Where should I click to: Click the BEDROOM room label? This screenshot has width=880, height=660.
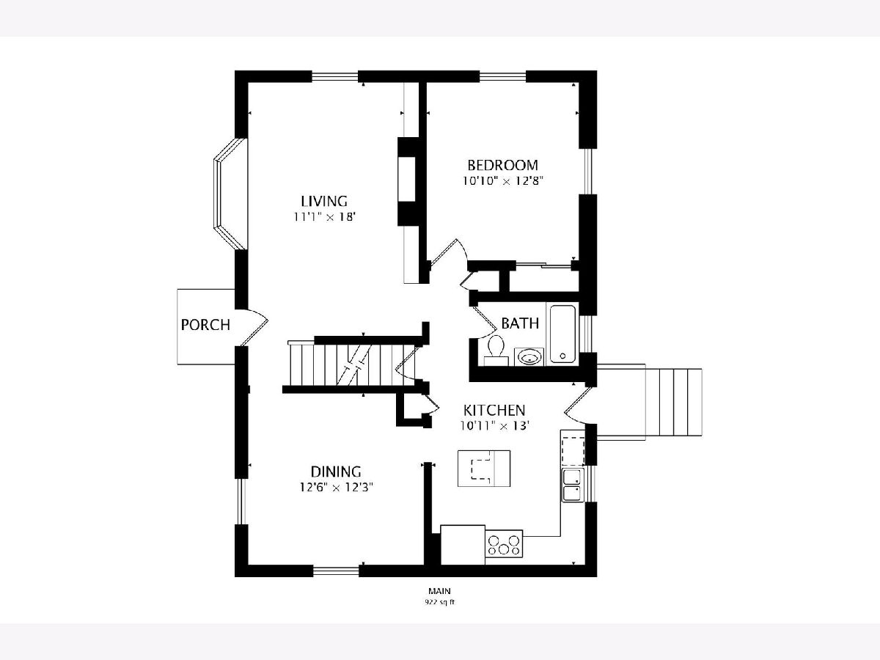pyautogui.click(x=503, y=165)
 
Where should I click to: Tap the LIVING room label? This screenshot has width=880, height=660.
pyautogui.click(x=324, y=201)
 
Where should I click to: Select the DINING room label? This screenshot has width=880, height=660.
pyautogui.click(x=336, y=472)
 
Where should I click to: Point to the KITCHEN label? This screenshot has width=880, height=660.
pyautogui.click(x=494, y=411)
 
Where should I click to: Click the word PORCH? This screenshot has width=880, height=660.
pyautogui.click(x=205, y=325)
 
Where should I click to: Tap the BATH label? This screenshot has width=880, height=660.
pyautogui.click(x=520, y=323)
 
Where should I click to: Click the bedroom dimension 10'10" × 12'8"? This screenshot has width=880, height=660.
pyautogui.click(x=503, y=180)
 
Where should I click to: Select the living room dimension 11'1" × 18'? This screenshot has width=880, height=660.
pyautogui.click(x=325, y=217)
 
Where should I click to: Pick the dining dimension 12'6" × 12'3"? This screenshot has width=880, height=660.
pyautogui.click(x=337, y=487)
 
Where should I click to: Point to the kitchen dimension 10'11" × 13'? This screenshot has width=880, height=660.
pyautogui.click(x=495, y=425)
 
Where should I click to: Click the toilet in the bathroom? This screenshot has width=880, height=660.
pyautogui.click(x=496, y=350)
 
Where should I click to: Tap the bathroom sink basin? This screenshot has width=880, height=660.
pyautogui.click(x=529, y=356)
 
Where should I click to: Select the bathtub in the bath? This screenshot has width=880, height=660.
pyautogui.click(x=562, y=334)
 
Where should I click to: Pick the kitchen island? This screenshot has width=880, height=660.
pyautogui.click(x=484, y=469)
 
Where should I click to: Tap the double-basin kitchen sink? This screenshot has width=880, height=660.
pyautogui.click(x=573, y=485)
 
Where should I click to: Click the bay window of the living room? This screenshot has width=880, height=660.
pyautogui.click(x=230, y=194)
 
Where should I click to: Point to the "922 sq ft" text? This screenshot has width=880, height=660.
pyautogui.click(x=440, y=602)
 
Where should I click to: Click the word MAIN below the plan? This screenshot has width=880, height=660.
pyautogui.click(x=440, y=590)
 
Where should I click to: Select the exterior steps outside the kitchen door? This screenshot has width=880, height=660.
pyautogui.click(x=673, y=403)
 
